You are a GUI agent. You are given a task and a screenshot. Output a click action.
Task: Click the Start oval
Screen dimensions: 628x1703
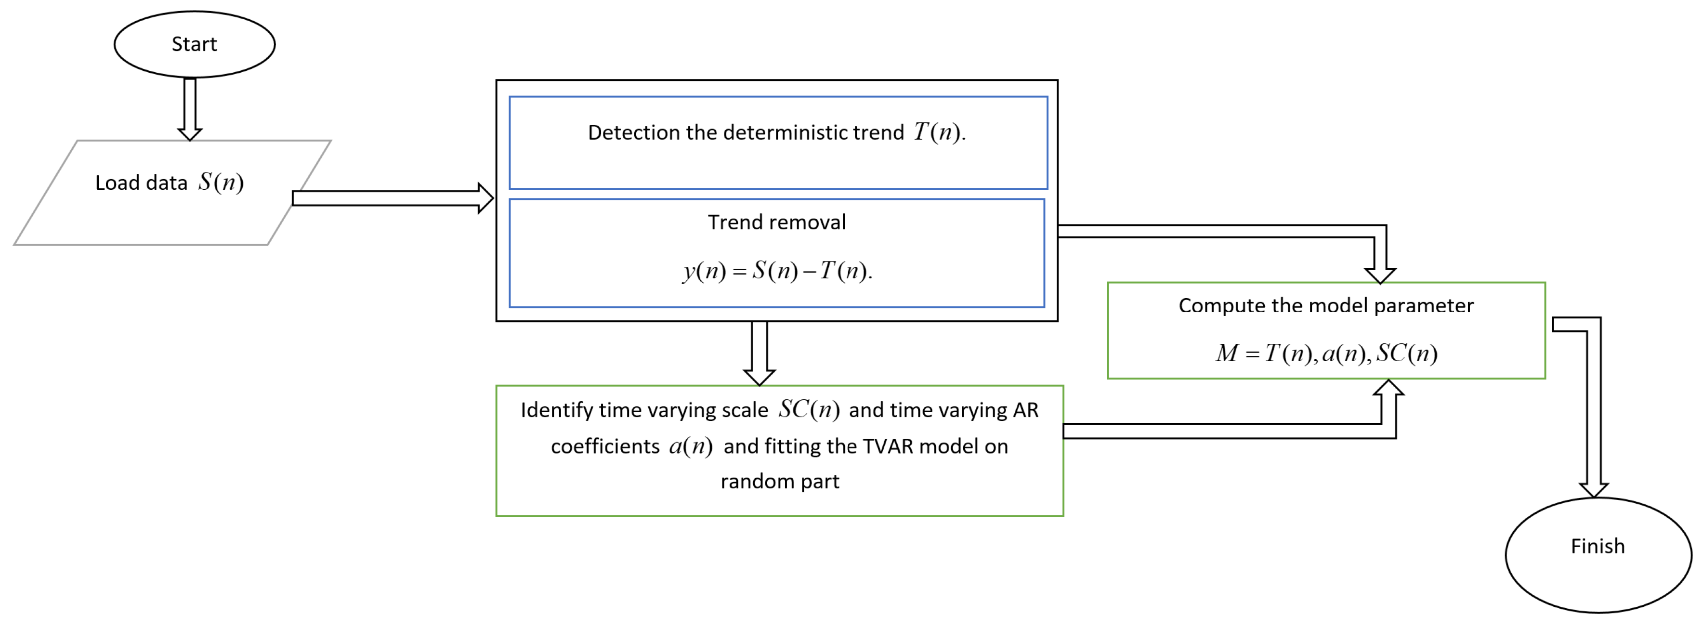point(195,44)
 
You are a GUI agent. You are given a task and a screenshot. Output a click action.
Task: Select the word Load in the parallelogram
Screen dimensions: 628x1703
point(117,183)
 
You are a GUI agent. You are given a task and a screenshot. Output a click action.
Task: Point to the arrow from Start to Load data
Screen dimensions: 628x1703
point(190,108)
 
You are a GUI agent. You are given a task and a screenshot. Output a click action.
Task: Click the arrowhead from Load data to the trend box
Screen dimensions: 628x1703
point(485,198)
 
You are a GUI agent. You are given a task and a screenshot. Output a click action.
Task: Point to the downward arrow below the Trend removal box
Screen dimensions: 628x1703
point(759,353)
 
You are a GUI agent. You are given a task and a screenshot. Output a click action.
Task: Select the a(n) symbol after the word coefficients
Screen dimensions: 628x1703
point(690,446)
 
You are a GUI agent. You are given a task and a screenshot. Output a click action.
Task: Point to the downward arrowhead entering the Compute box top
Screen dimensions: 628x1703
point(1380,275)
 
